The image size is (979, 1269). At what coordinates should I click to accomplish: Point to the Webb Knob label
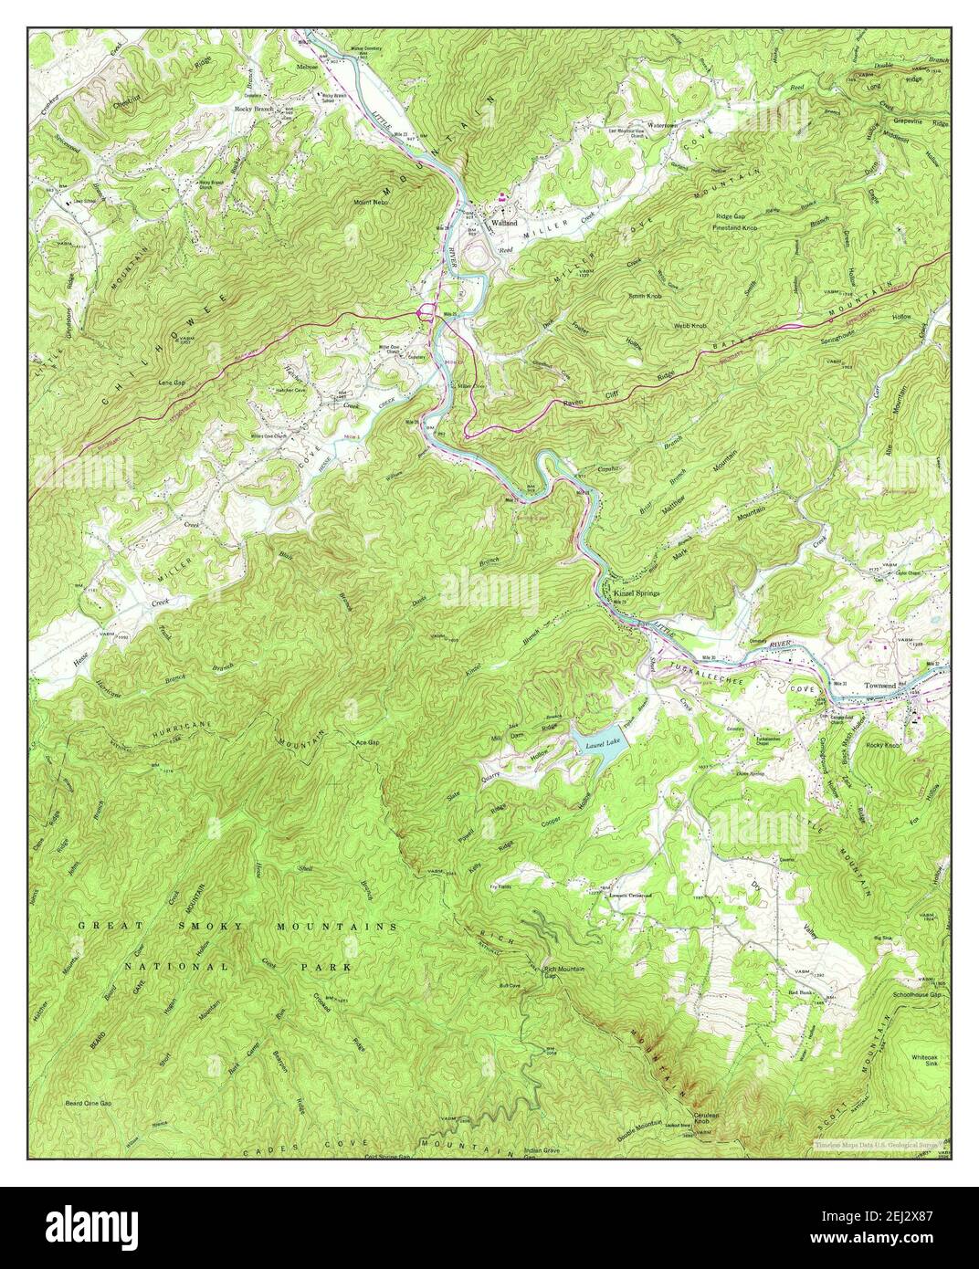691,325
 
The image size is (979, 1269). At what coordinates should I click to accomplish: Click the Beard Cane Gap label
88,1103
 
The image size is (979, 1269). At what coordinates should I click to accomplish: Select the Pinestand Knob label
738,226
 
